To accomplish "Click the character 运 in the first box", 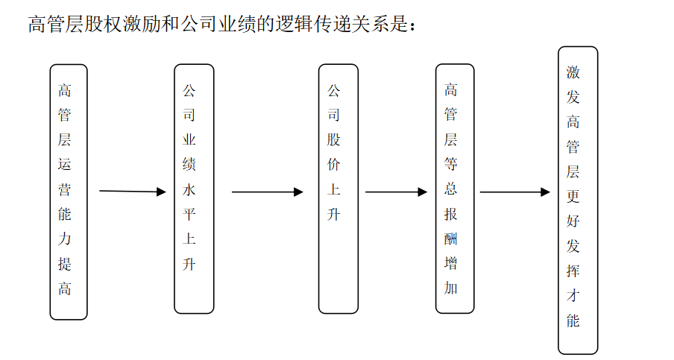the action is coord(64,164).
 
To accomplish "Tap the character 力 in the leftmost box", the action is coord(64,239).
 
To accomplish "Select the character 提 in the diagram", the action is coord(64,263).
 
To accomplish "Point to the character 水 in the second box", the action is coord(189,189).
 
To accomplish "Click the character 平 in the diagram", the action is coord(189,214).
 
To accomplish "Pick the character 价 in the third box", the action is coord(333,164).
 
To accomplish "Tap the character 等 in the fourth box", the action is coord(450,164).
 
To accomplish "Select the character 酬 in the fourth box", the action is coord(450,238).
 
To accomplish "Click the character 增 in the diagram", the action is coord(450,263).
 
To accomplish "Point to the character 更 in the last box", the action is coord(573,196).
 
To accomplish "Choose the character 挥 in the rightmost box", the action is coord(573,271).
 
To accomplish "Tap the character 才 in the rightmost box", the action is coord(573,296).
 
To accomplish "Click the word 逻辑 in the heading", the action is coord(295,24).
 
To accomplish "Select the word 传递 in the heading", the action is coord(333,24).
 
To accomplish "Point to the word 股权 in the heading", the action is coord(104,24).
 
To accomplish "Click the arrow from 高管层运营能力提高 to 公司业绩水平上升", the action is coord(133,191).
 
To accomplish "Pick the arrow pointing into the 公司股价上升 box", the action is coord(268,192).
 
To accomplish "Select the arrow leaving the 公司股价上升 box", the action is coord(397,192).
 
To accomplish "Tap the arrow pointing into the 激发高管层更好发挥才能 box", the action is coord(515,192).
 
